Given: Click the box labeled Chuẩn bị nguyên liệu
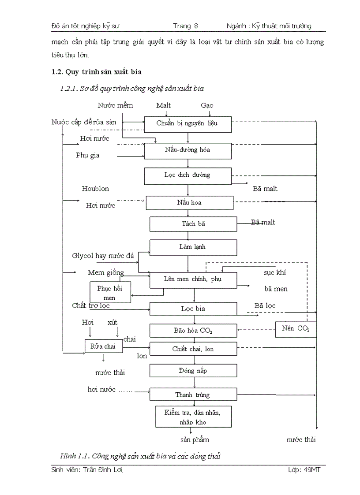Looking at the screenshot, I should pos(187,124).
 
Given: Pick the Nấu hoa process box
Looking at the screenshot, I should pos(190,203).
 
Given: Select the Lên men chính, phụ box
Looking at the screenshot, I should pos(194,280).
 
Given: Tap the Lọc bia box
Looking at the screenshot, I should pos(193,309).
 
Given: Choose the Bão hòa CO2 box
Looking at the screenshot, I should pos(193,330).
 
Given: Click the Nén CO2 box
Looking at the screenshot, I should pos(296,329).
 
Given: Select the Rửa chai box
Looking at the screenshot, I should pos(103,346).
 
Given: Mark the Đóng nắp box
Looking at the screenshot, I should pos(193,371).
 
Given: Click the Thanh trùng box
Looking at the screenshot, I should pos(193,395).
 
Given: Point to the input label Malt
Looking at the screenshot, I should pos(163,105).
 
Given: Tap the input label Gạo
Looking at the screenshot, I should pos(207,105).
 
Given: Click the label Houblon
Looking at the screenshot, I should pos(95,189).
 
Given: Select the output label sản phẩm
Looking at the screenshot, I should pos(195,439).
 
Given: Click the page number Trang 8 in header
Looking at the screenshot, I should pos(182,26).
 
